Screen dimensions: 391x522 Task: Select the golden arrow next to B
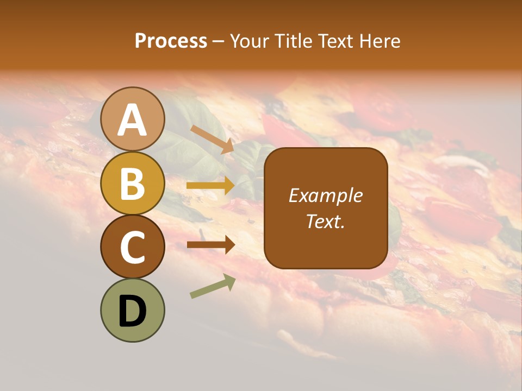tap(210, 186)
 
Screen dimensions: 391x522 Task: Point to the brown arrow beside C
tap(210, 245)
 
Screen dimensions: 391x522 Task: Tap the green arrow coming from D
tap(213, 287)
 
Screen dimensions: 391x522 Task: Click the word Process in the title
tap(171, 41)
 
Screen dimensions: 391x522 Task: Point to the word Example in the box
tap(325, 195)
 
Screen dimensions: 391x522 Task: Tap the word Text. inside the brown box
tap(325, 221)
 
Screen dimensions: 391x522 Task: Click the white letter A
tap(133, 119)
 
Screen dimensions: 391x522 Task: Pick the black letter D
tap(133, 311)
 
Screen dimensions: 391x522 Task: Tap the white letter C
tap(133, 247)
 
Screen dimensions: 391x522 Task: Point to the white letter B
tap(133, 184)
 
